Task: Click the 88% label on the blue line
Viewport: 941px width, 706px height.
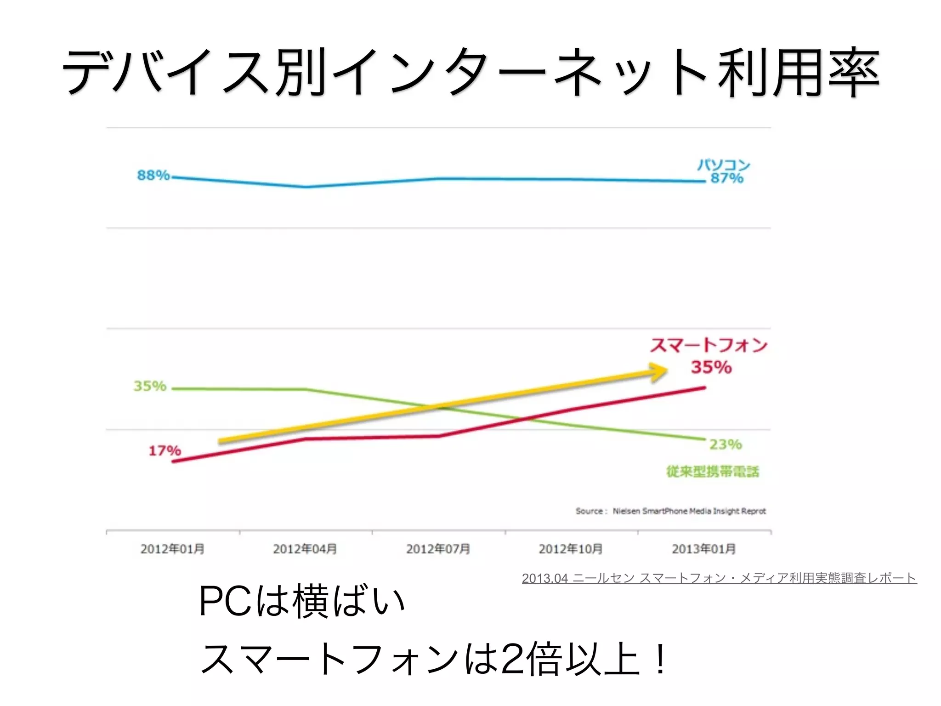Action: tap(153, 175)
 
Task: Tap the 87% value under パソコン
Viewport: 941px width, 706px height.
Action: tap(726, 178)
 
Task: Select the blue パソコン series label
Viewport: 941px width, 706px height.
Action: tap(723, 165)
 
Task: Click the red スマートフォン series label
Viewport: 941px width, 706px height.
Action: tap(709, 345)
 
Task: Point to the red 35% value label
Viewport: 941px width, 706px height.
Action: tap(711, 367)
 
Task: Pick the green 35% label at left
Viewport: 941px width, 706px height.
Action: tap(150, 386)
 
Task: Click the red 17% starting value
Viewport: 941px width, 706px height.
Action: tap(164, 450)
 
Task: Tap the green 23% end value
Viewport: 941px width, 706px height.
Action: tap(726, 444)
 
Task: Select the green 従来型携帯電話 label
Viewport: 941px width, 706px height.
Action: tap(713, 472)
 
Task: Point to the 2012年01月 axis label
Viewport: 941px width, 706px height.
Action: tap(172, 549)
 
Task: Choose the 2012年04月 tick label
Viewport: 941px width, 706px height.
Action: tap(305, 549)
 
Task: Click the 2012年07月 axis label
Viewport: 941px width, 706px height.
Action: tap(438, 549)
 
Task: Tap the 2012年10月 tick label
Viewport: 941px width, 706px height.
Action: tap(571, 549)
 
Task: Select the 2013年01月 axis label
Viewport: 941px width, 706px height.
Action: tap(703, 549)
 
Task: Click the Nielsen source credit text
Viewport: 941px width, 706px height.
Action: tap(671, 511)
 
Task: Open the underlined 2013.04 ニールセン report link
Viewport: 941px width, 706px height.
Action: tap(719, 578)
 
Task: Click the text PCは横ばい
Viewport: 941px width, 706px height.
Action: tap(301, 601)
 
